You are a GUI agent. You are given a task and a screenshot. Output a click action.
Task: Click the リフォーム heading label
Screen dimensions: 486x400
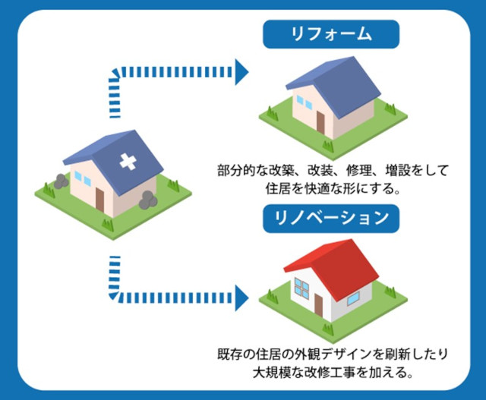(x=331, y=34)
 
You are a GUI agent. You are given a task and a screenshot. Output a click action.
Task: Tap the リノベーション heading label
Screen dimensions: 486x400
(x=331, y=219)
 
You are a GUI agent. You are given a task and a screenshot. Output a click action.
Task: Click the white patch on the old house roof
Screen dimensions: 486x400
(x=128, y=162)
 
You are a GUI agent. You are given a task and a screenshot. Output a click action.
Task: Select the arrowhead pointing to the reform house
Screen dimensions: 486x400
(x=241, y=72)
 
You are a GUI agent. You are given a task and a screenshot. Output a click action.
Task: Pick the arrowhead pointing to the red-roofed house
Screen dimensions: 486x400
(x=241, y=298)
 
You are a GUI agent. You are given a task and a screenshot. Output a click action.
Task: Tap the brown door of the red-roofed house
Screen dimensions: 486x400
(x=318, y=305)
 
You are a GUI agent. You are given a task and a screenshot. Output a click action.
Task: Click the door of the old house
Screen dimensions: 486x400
(x=99, y=200)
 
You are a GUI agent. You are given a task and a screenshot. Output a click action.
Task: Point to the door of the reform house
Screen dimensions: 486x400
(x=320, y=123)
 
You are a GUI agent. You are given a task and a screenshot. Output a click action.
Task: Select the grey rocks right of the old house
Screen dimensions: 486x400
(x=148, y=200)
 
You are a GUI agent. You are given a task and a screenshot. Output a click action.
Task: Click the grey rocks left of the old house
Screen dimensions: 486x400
(x=61, y=181)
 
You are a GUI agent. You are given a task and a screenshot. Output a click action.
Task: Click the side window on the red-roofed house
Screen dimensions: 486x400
(x=352, y=298)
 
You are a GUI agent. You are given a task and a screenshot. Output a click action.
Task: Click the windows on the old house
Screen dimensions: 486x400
(x=83, y=179)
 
